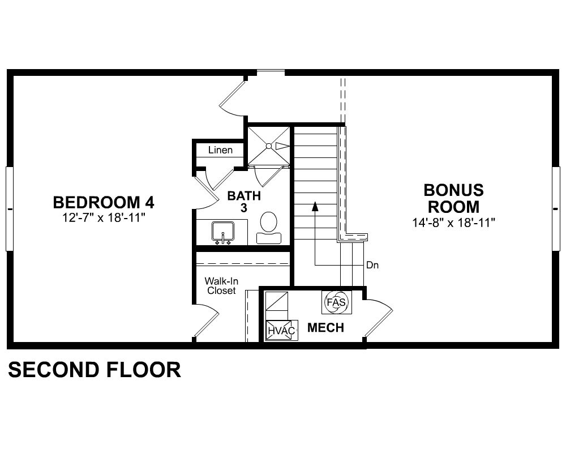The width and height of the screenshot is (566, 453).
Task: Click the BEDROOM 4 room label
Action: (x=104, y=202)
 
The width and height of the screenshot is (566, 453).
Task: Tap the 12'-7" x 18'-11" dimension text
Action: (x=104, y=218)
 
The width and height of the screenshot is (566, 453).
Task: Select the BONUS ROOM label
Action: (x=454, y=198)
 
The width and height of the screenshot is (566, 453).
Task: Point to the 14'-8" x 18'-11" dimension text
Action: (x=454, y=223)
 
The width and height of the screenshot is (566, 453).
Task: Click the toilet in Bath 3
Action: (x=268, y=228)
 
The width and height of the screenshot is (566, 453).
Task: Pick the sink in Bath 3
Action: (x=223, y=233)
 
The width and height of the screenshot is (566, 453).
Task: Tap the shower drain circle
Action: (x=268, y=146)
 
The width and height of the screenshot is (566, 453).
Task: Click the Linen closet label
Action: (x=220, y=150)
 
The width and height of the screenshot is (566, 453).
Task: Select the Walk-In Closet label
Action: (x=221, y=286)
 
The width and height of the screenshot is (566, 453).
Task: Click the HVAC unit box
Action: (x=282, y=330)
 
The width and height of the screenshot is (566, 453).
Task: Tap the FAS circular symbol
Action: (x=336, y=302)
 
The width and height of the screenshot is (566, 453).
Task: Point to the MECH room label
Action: (x=325, y=328)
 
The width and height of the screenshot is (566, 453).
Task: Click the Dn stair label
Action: (x=372, y=265)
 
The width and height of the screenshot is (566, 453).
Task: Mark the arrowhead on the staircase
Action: (x=315, y=206)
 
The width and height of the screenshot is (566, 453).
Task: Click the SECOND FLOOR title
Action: (x=95, y=370)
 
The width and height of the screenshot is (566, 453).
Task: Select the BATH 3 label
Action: (x=244, y=202)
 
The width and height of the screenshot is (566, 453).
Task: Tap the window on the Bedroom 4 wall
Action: (x=10, y=209)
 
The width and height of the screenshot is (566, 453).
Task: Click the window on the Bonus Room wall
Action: (x=556, y=209)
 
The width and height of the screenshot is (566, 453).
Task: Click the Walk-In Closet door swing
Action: (x=207, y=321)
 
